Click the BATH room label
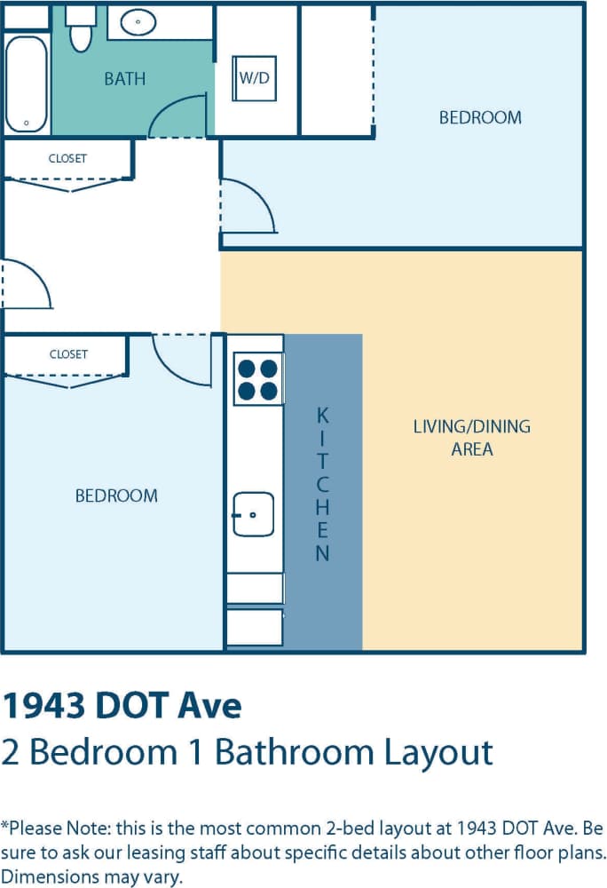[124, 79]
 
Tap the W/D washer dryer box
[254, 77]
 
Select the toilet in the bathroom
[82, 29]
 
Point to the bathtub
[27, 83]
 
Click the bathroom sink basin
[138, 22]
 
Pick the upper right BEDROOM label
[480, 117]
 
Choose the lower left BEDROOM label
[116, 496]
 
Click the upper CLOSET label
[67, 159]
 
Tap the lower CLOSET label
[68, 354]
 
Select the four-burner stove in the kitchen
[257, 378]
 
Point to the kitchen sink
[253, 514]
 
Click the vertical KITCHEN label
[323, 484]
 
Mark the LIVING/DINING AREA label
[472, 438]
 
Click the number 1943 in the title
[53, 706]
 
